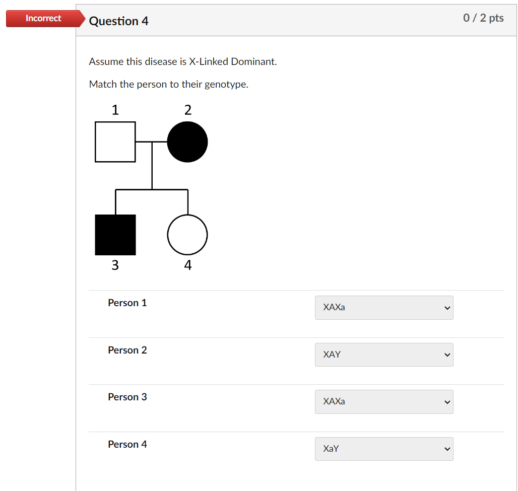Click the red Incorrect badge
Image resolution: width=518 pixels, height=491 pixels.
click(x=44, y=19)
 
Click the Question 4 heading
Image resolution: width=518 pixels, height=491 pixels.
click(x=118, y=21)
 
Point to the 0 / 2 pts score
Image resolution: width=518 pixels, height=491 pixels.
click(x=483, y=18)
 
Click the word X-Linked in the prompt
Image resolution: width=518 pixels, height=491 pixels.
click(x=208, y=62)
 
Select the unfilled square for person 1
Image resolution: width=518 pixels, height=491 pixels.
click(x=115, y=142)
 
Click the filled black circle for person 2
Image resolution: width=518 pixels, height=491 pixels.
click(x=187, y=142)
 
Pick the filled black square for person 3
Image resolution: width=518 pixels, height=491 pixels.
click(x=115, y=235)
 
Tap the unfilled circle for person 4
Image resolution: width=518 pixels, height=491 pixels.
click(x=187, y=235)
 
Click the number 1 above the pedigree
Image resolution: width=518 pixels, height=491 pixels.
click(x=115, y=110)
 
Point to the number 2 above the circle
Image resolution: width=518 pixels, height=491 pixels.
click(x=187, y=110)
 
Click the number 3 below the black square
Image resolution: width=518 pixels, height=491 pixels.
click(x=115, y=265)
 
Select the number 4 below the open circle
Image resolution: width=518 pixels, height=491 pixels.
click(x=187, y=265)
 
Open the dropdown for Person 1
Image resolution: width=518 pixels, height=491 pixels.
click(x=384, y=308)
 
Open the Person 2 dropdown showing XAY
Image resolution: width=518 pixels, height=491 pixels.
click(x=384, y=355)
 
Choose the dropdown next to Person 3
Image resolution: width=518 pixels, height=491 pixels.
click(x=384, y=402)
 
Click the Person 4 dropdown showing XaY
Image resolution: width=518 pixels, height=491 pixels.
click(x=384, y=449)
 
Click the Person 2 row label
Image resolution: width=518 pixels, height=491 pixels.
click(x=127, y=350)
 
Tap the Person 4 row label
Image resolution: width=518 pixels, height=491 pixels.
click(x=127, y=445)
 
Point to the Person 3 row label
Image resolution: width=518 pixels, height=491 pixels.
click(x=127, y=397)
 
